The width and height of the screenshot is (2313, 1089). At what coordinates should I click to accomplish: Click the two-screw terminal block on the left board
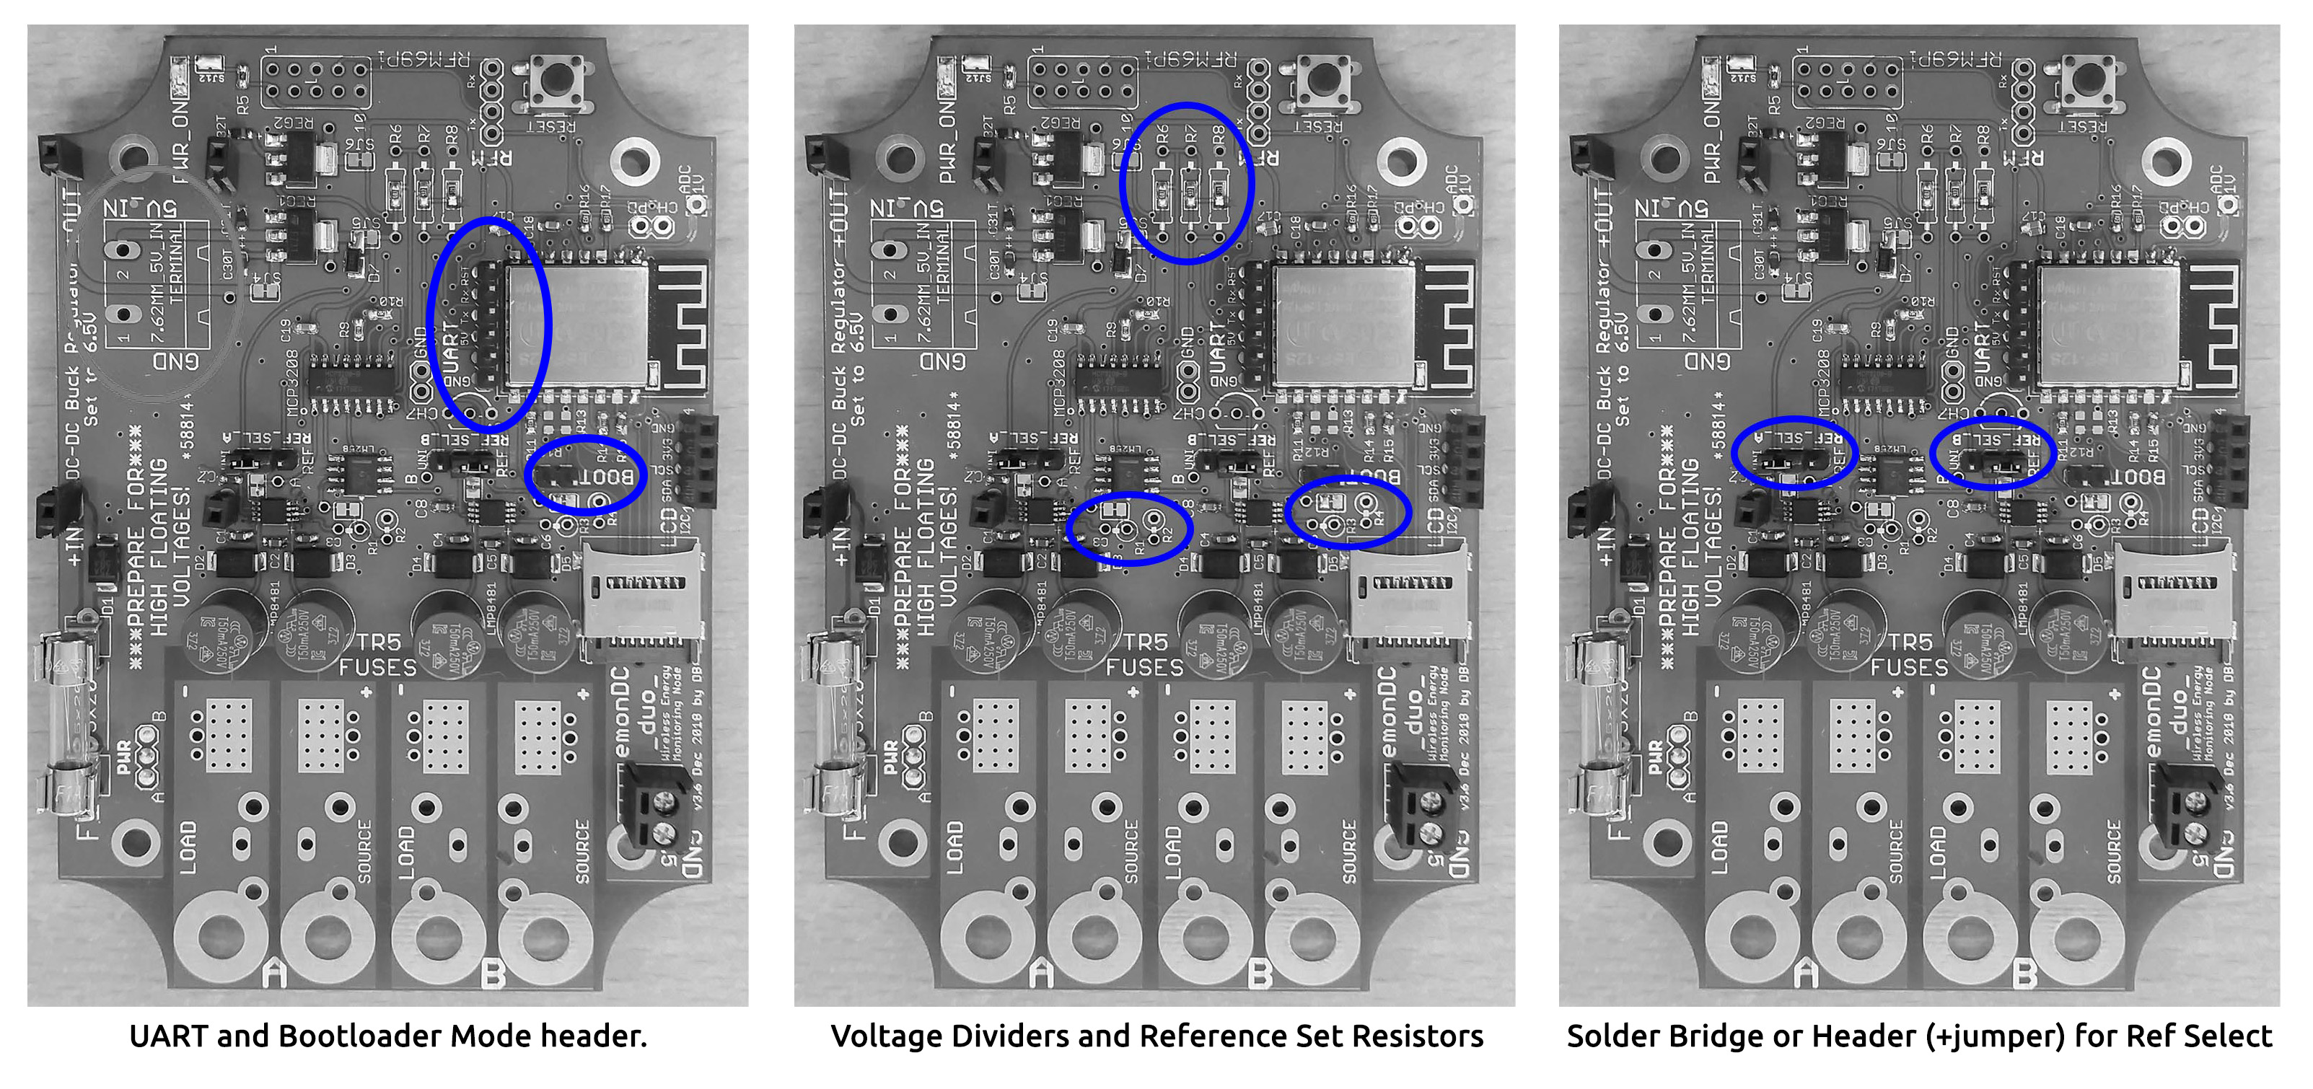click(x=654, y=804)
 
